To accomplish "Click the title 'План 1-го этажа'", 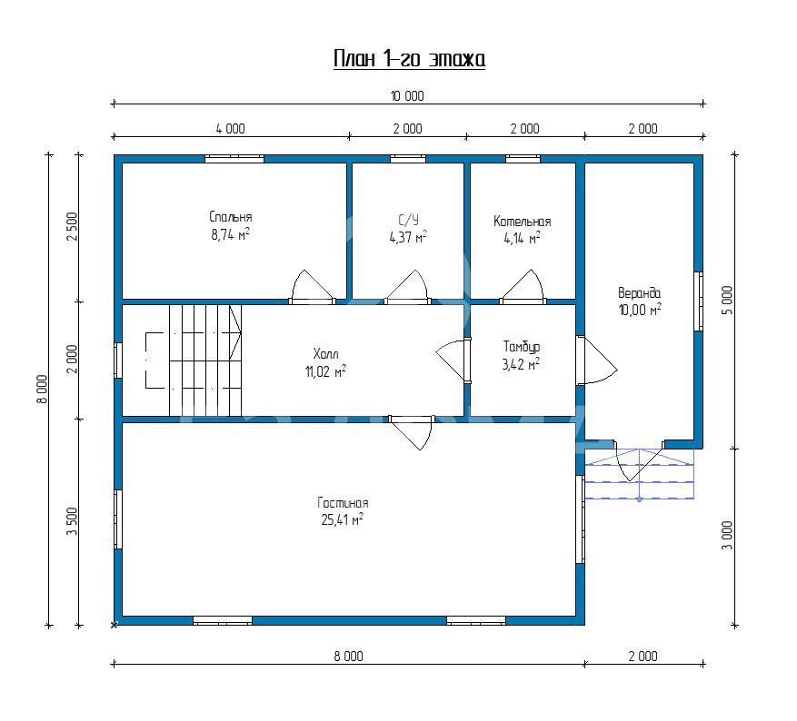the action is point(409,59).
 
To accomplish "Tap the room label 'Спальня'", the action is point(231,217).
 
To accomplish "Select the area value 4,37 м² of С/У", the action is point(408,237).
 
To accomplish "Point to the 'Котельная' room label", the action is point(522,222).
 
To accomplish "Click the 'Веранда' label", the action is point(640,293).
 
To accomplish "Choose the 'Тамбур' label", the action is point(522,347).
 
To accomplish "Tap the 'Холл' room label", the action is point(326,353).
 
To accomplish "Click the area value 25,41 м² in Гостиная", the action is point(342,520).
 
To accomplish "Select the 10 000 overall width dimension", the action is point(407,96).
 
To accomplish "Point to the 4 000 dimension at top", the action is point(230,128).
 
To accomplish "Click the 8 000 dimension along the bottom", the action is point(348,656).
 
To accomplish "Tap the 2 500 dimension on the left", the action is point(73,226).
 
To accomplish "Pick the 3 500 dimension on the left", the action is point(73,521).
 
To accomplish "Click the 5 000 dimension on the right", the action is point(728,300).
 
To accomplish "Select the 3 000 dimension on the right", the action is point(728,535).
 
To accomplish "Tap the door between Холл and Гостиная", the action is point(413,432).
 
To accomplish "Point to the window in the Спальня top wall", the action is point(234,159).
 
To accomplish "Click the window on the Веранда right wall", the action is point(699,301).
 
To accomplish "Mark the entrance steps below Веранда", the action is point(640,474).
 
